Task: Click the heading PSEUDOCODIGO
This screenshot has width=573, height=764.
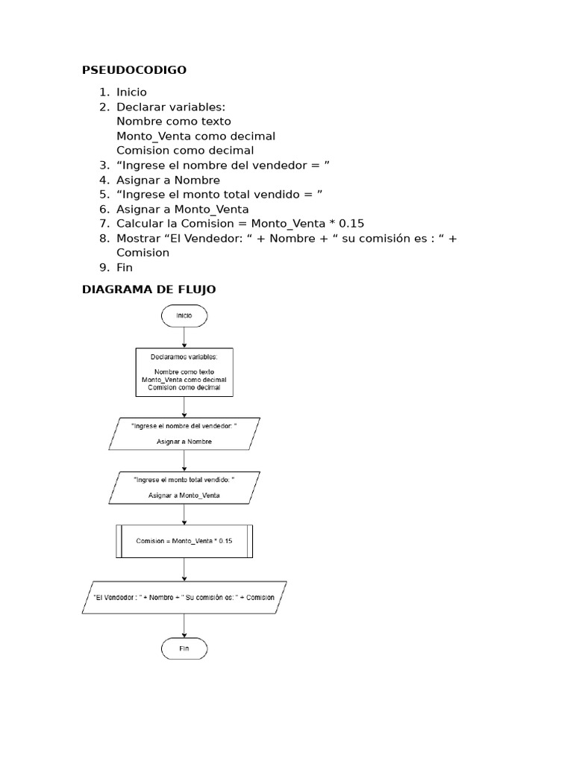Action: point(134,70)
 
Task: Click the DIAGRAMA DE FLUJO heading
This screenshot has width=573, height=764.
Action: point(148,289)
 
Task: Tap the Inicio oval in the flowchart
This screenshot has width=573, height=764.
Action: point(184,316)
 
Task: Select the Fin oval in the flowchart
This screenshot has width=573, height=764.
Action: point(184,649)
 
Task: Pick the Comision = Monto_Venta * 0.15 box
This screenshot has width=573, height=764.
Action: point(184,541)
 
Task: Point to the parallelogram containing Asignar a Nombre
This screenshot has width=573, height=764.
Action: point(184,433)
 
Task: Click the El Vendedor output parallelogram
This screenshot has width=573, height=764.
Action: point(184,598)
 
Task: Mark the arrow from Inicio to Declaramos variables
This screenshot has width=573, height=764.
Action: point(184,337)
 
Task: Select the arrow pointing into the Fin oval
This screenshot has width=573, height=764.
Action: point(184,627)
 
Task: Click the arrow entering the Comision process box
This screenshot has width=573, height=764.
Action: point(184,515)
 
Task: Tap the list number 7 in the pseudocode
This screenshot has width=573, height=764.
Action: point(104,224)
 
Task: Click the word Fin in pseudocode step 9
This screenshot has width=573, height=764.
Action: point(125,268)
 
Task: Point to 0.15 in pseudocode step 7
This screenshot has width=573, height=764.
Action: point(351,224)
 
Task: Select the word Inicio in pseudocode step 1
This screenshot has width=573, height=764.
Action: point(131,93)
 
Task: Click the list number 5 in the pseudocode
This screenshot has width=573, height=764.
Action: point(104,195)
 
